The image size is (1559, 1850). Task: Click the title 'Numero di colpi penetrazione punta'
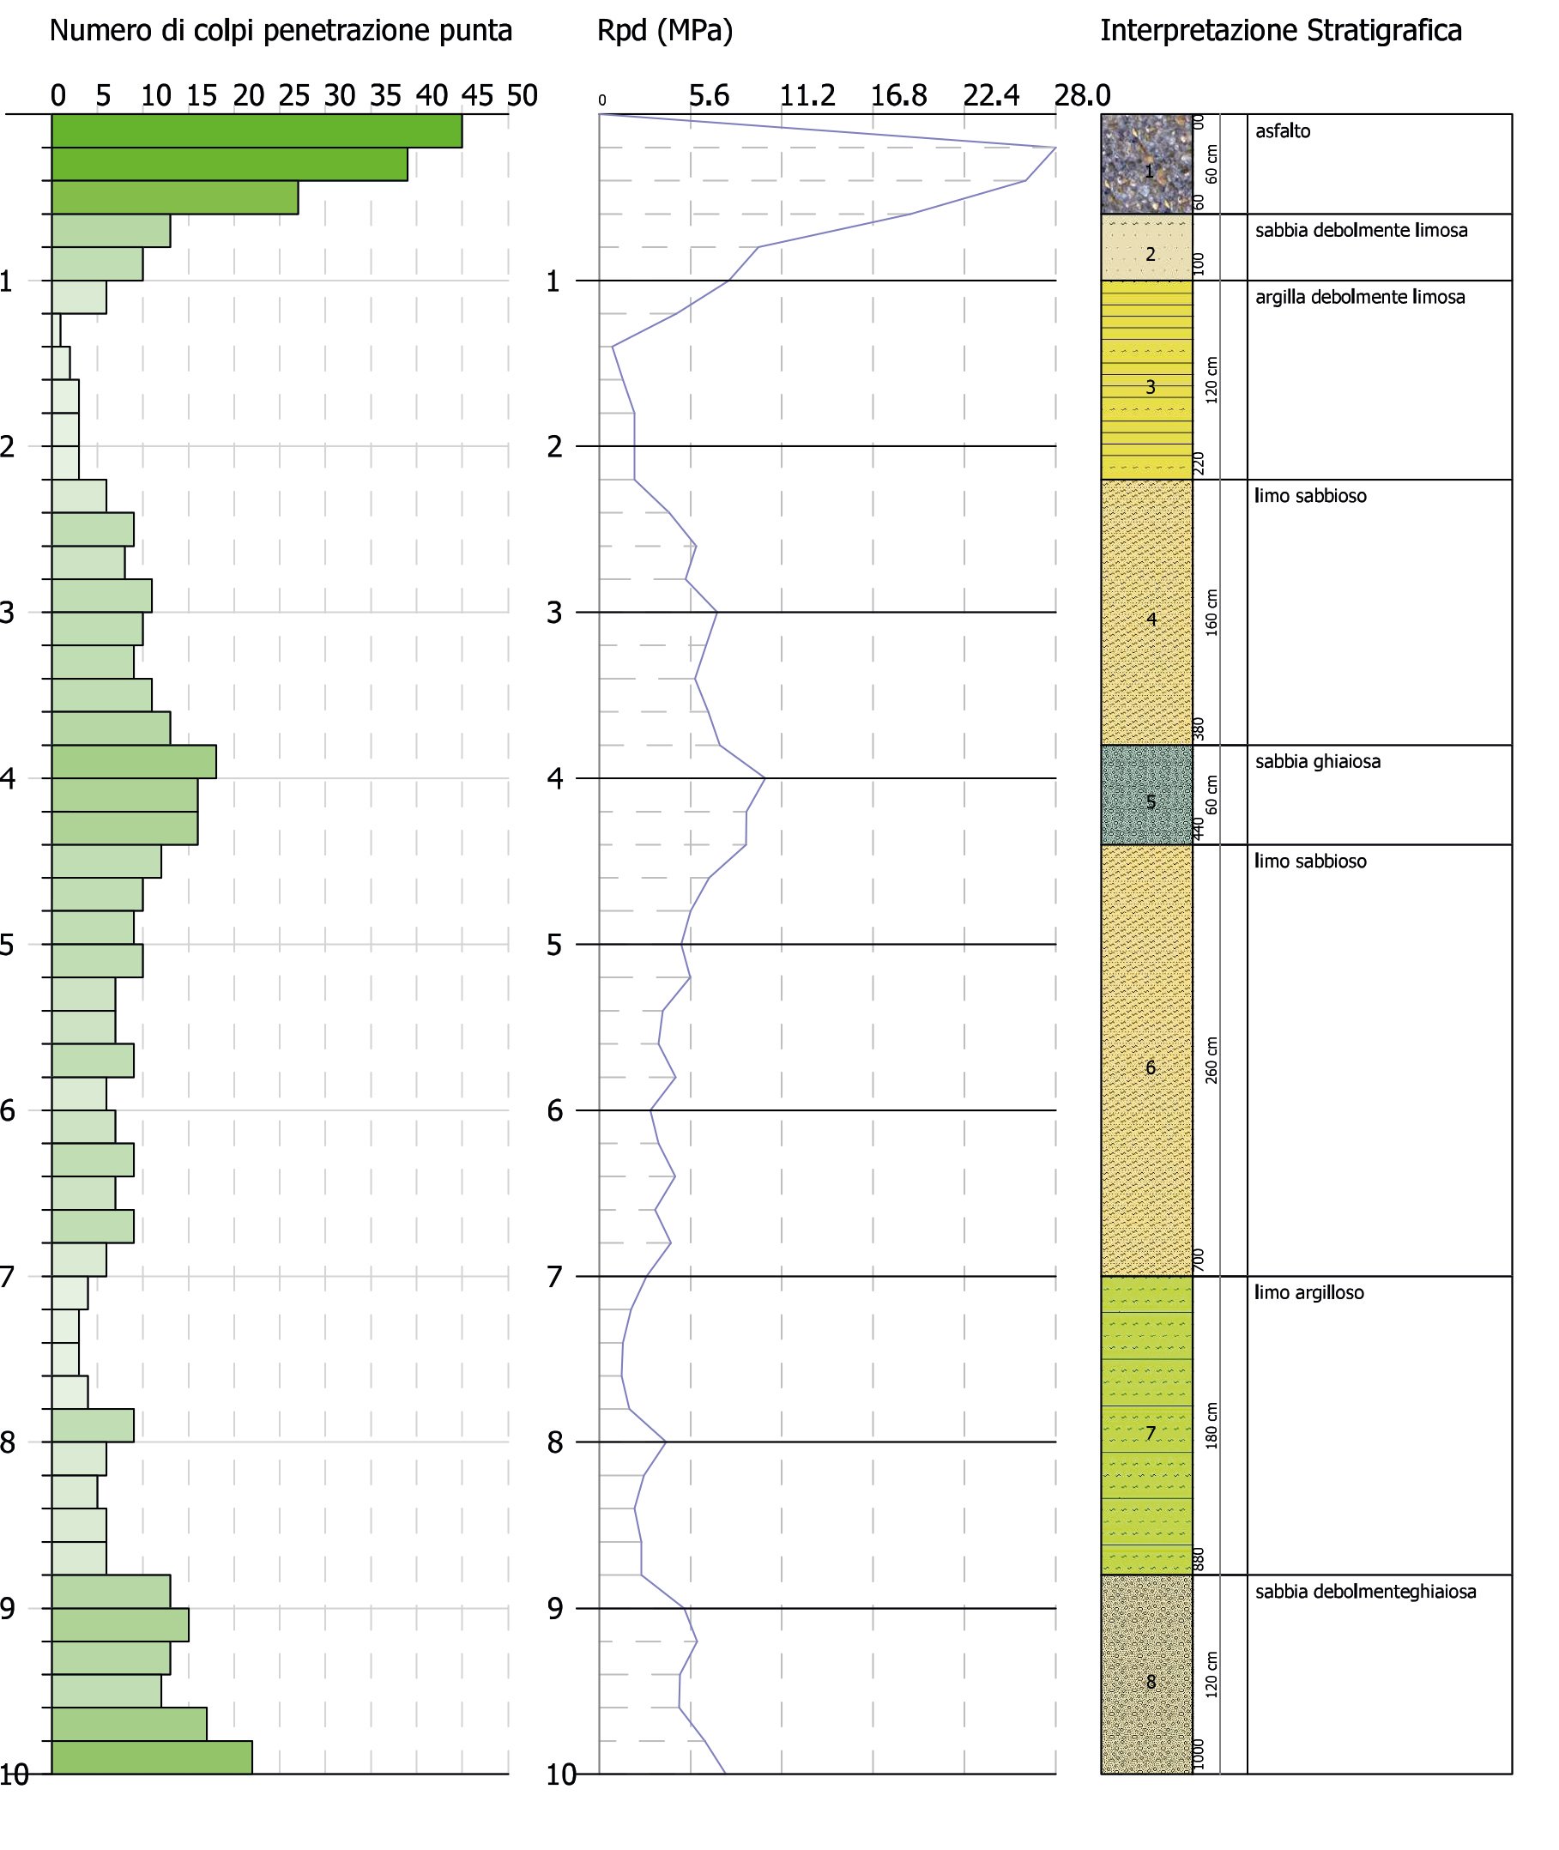(x=281, y=32)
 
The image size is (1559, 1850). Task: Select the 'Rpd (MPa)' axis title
(x=666, y=32)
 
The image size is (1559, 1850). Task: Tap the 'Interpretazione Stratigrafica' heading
(x=1281, y=31)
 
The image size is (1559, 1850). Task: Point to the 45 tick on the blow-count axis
(x=477, y=95)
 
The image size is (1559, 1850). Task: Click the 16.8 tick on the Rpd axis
(x=899, y=95)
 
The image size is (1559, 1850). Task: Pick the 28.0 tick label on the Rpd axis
(x=1083, y=95)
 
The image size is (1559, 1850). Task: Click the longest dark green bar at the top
(x=257, y=130)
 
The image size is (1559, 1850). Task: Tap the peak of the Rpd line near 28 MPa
(x=1056, y=148)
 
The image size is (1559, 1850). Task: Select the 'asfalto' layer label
(x=1283, y=131)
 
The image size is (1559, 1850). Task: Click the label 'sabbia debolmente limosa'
(x=1361, y=231)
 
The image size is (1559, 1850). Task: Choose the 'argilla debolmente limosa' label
(x=1360, y=298)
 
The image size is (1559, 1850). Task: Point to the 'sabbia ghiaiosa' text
(x=1318, y=762)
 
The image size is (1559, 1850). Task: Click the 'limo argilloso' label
(x=1308, y=1293)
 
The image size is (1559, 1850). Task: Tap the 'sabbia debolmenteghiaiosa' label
(x=1365, y=1592)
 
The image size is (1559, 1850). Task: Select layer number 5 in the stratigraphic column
(x=1151, y=802)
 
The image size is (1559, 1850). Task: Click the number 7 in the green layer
(x=1151, y=1434)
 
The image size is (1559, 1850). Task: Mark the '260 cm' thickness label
(x=1212, y=1061)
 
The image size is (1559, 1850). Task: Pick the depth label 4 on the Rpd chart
(x=554, y=780)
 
